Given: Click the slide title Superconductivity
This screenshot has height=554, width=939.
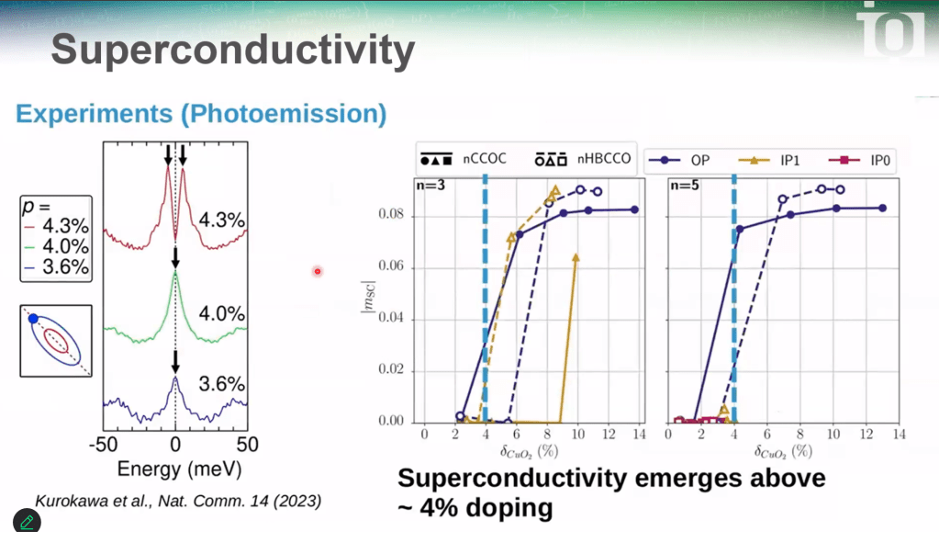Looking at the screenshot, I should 232,51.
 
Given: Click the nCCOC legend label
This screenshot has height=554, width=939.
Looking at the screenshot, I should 485,158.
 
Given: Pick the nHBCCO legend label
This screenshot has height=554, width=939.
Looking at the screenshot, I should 605,158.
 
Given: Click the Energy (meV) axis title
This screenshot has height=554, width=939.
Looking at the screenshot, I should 179,469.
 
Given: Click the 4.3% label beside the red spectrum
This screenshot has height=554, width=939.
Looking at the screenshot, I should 222,220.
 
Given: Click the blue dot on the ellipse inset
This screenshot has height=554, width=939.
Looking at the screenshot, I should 33,319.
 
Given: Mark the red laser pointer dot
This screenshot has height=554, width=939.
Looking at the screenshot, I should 318,271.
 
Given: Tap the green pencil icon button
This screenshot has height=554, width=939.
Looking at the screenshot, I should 27,522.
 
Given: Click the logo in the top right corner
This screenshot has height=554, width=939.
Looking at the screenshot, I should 890,30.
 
